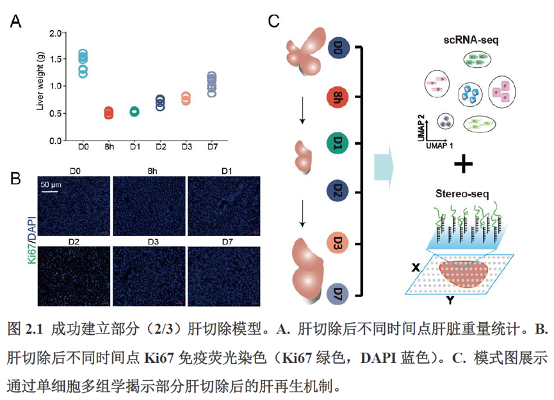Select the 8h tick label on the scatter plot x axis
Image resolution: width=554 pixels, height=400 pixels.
click(108, 148)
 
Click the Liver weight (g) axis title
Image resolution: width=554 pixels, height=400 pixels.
click(40, 85)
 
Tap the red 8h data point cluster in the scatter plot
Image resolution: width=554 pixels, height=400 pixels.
click(108, 113)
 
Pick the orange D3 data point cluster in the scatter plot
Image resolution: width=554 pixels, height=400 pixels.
click(186, 98)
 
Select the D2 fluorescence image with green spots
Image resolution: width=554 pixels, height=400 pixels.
click(74, 273)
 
